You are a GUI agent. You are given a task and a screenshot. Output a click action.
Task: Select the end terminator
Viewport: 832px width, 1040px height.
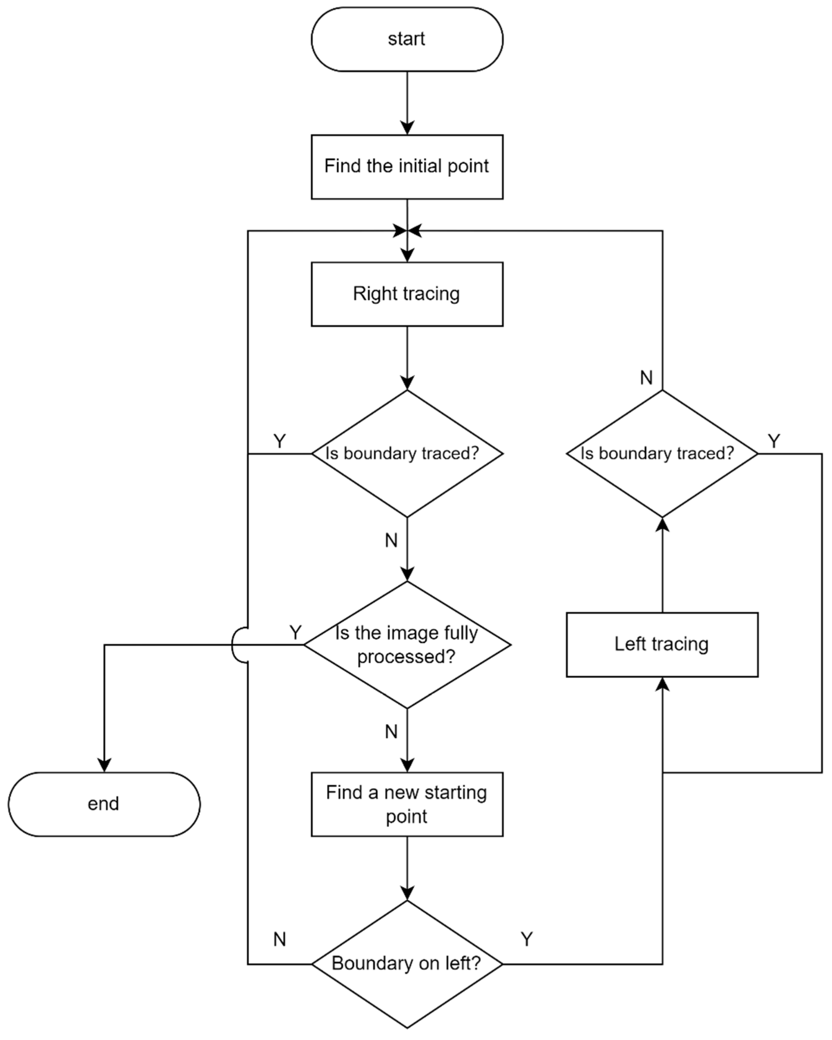click(x=104, y=804)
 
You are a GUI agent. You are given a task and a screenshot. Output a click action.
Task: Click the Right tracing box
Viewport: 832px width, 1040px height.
click(x=407, y=294)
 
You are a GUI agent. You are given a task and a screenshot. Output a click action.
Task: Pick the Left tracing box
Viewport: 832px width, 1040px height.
click(x=662, y=645)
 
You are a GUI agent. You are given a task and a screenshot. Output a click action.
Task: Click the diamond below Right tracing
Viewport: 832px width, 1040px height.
click(x=407, y=453)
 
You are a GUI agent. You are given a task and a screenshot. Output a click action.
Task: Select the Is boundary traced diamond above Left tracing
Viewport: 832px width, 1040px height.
click(x=662, y=453)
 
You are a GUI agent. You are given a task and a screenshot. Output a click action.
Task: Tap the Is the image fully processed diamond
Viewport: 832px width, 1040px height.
click(x=407, y=645)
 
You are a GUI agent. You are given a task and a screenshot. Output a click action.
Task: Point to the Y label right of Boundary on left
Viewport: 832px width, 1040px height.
click(x=527, y=939)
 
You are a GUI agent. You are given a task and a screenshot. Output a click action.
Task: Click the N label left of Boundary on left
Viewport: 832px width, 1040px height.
click(x=279, y=939)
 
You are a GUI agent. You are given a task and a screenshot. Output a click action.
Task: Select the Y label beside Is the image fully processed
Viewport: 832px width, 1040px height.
click(x=295, y=632)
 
